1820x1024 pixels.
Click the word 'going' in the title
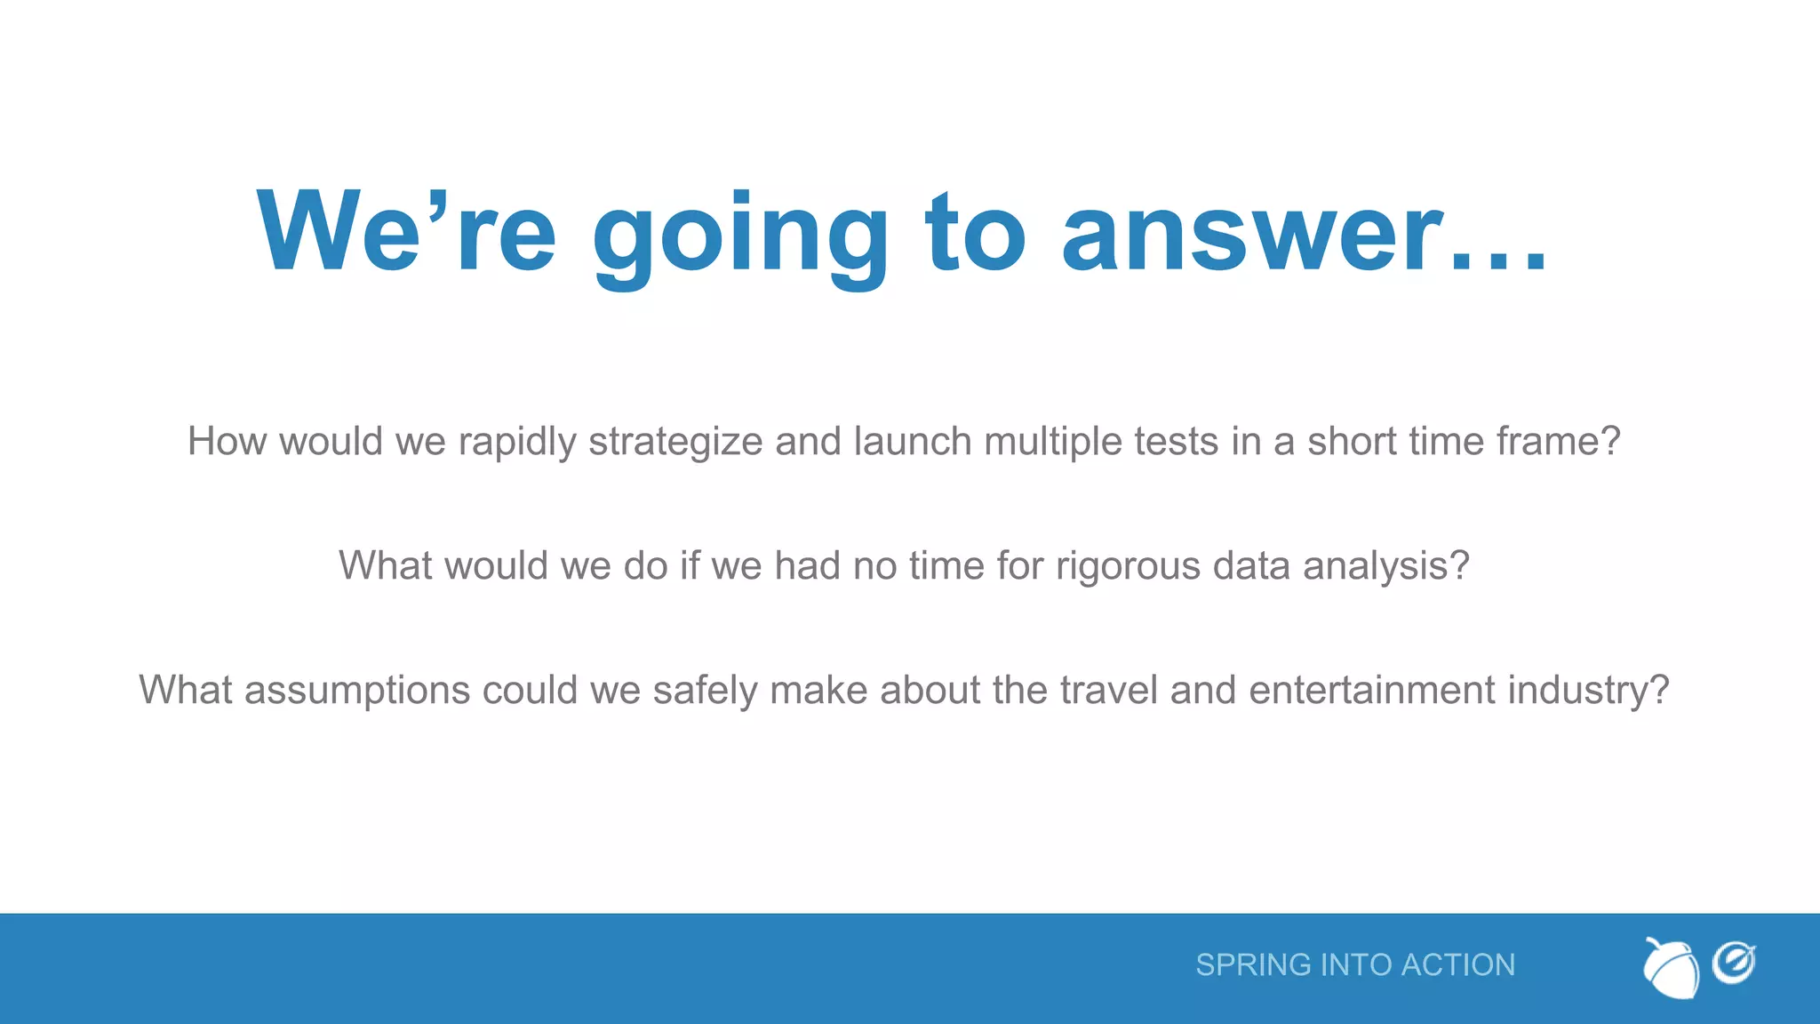(x=740, y=236)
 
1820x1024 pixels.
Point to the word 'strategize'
(x=675, y=442)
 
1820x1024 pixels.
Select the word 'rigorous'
(x=1128, y=566)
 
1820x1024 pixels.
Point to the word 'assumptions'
(x=357, y=691)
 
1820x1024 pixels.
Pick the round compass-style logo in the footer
(x=1734, y=964)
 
